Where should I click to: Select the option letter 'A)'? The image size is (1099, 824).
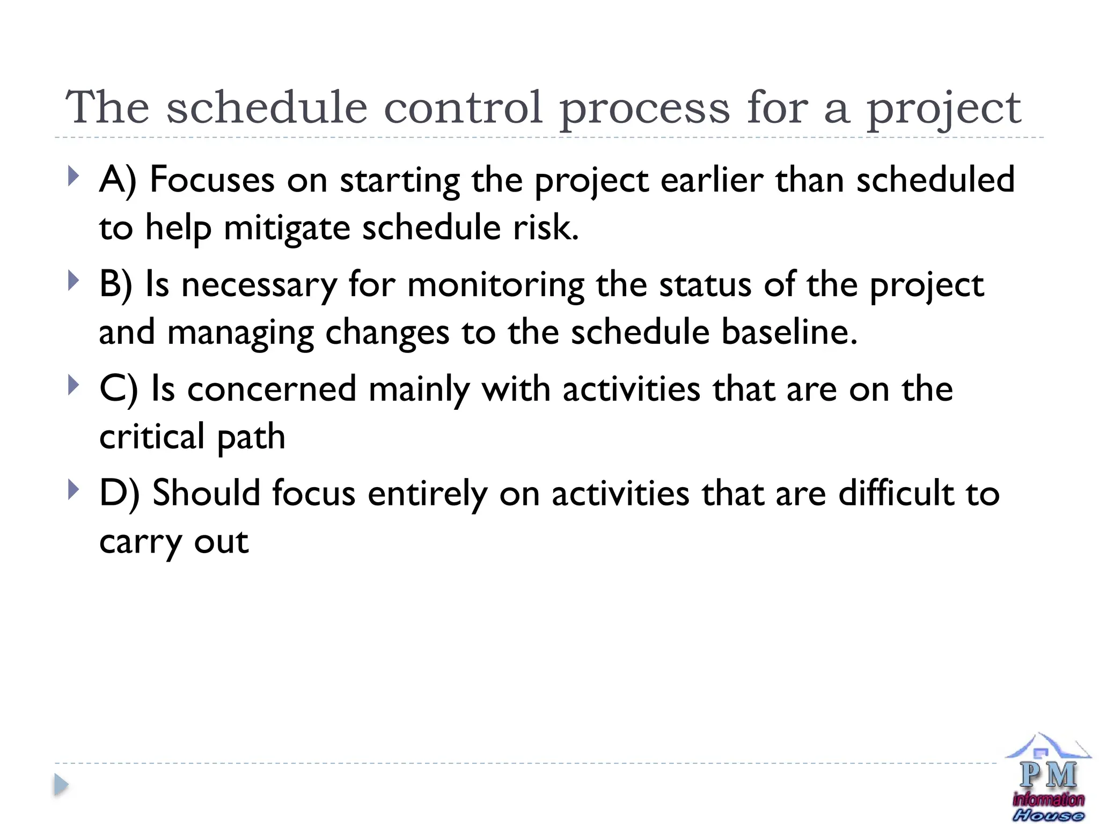[118, 180]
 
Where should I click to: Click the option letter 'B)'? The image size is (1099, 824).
[116, 284]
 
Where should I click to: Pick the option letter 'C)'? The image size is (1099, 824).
[119, 389]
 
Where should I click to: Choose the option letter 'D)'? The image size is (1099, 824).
[119, 494]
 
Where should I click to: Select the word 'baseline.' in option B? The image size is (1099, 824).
[789, 332]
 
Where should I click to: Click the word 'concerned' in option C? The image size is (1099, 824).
[272, 389]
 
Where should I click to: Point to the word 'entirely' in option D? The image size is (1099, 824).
[427, 494]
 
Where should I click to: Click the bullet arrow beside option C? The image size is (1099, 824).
[74, 385]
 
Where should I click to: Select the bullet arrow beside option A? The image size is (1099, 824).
[74, 176]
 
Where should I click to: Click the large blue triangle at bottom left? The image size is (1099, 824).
[61, 785]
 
